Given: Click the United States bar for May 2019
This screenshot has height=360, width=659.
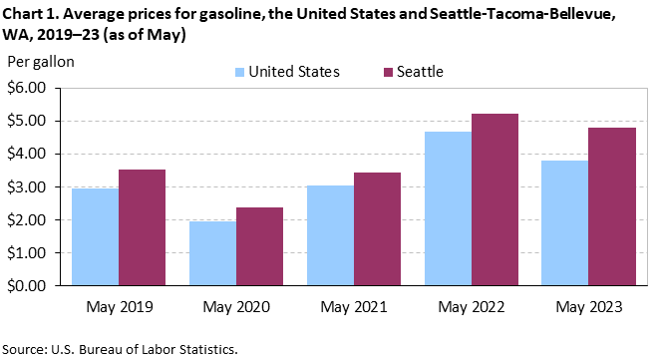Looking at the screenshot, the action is (96, 236).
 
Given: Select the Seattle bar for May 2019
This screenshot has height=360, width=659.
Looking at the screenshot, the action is (142, 227).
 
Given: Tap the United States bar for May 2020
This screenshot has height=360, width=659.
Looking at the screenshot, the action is (212, 253).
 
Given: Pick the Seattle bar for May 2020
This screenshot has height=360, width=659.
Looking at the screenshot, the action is (260, 246).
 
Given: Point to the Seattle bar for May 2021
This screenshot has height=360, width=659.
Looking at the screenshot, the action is (378, 229).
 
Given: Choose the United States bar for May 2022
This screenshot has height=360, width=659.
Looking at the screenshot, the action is (448, 208).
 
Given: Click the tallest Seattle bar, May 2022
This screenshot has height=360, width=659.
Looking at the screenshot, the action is (495, 199).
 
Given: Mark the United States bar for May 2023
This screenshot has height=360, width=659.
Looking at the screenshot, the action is (565, 223).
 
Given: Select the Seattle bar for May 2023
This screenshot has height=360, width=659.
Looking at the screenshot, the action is (612, 206).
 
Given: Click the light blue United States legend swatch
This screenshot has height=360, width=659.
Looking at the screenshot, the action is (239, 73).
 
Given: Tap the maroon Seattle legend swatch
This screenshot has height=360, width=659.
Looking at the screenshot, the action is (388, 73).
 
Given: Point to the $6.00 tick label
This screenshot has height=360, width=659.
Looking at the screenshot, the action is (27, 88).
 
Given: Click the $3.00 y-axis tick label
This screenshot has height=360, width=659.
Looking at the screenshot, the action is (27, 187).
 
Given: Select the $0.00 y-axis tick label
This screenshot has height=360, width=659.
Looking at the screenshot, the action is (27, 286).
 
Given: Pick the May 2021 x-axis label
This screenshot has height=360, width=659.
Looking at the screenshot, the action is (354, 307).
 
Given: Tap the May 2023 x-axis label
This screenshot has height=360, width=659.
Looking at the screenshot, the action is (589, 307).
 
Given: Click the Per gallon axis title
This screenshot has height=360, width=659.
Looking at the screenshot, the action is (41, 62).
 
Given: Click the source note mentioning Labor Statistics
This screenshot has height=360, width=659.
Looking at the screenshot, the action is (121, 349).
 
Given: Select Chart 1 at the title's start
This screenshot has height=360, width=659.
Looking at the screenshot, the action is (29, 14).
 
